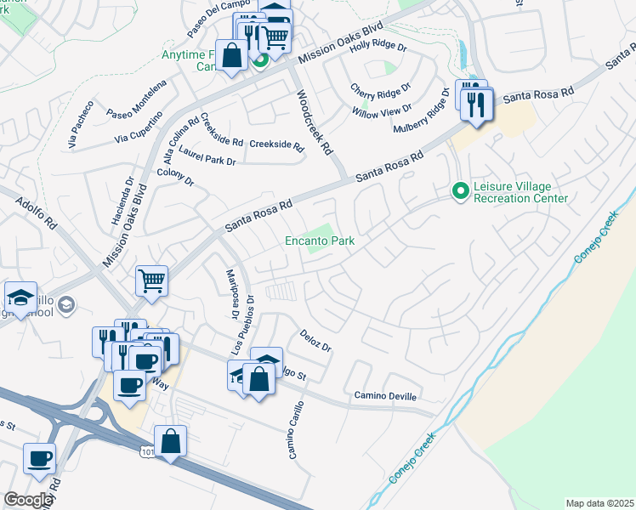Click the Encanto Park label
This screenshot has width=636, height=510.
pos(319,241)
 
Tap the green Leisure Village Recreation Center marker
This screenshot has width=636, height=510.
pos(460,191)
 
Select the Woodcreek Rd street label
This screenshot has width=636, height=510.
pos(312,124)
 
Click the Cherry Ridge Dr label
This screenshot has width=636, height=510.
pos(382,88)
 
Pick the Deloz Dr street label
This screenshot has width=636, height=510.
pos(315,342)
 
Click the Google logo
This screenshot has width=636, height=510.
pos(28,500)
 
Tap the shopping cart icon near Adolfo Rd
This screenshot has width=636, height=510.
pos(151,279)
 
